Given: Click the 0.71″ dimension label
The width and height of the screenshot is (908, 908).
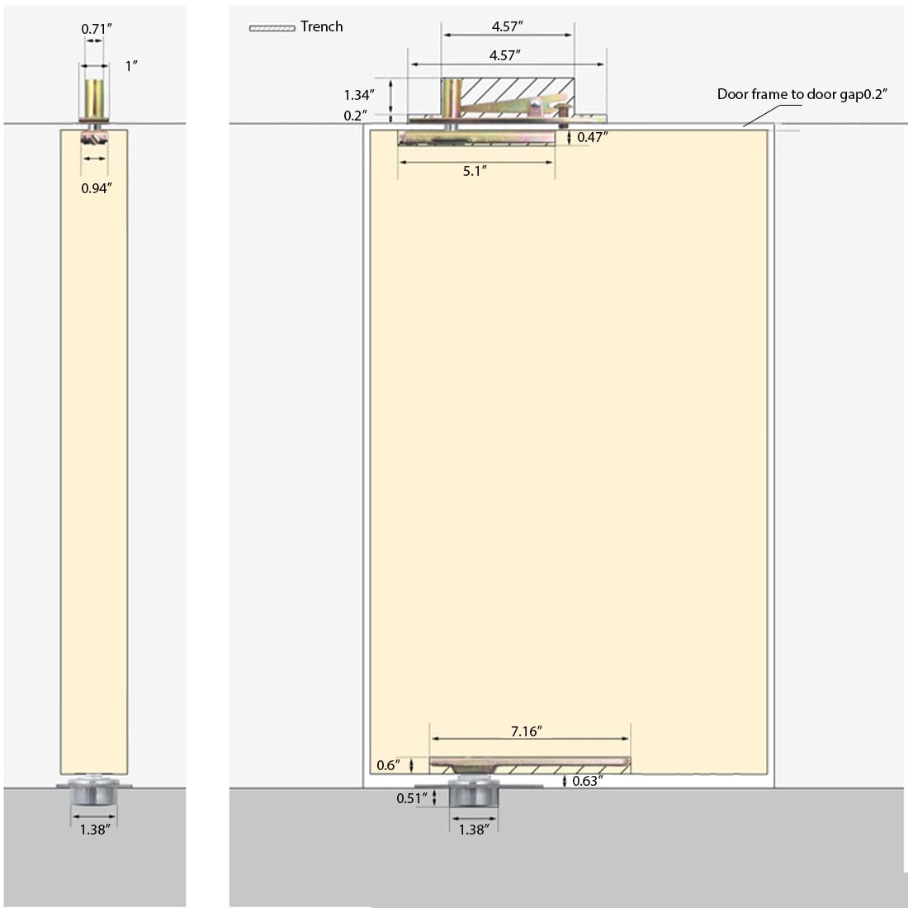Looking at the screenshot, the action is coord(96,28).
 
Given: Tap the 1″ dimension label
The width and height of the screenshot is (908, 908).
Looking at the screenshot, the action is coord(131,66).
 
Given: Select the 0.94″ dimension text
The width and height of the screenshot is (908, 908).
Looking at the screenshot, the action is coord(96,188).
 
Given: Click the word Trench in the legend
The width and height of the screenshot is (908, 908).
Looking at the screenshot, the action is coord(321,26).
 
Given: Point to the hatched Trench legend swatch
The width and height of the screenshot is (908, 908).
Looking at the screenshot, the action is coord(272,28).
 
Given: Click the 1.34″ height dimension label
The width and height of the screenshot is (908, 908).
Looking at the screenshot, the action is coord(359,95).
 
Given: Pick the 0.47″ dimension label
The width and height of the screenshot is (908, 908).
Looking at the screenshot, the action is coord(593,137).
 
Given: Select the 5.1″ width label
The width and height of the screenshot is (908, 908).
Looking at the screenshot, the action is coord(475,171).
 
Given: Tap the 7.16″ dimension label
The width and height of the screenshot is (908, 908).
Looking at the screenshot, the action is coord(527,731).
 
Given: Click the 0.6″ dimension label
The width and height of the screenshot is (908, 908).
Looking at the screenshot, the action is coord(388,765).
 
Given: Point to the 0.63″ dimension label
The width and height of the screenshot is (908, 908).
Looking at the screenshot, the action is coord(588,781).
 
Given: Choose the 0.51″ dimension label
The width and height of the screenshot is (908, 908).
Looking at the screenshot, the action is coord(412,798).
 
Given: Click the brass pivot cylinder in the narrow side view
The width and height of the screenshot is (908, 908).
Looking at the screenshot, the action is coord(94,98).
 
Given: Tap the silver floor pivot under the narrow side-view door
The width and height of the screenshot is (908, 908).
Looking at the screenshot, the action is coord(94,791).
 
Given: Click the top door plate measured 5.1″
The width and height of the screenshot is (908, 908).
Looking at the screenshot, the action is coord(476,138).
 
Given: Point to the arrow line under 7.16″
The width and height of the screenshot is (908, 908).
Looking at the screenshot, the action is coord(530,739).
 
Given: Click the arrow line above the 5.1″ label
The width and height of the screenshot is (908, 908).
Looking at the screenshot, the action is coord(476,162).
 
